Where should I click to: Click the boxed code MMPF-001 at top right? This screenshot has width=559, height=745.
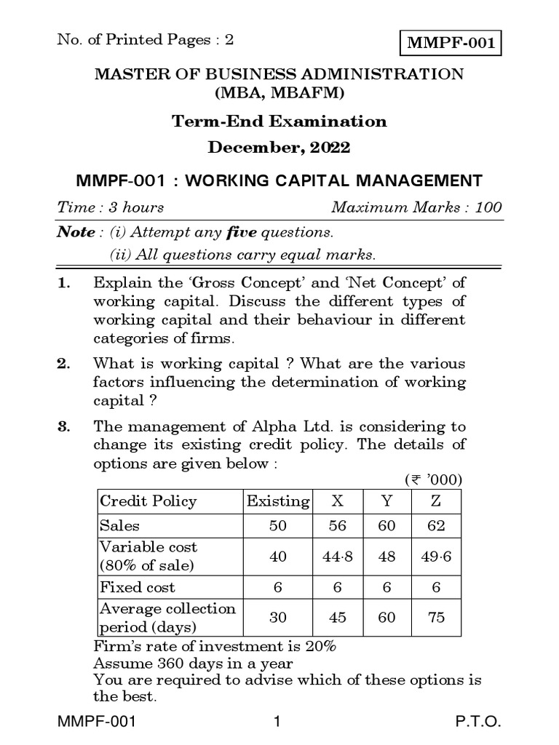(451, 43)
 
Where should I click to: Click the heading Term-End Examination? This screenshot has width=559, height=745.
(279, 121)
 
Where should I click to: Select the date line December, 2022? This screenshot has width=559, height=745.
(279, 148)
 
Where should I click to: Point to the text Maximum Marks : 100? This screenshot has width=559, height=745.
(416, 207)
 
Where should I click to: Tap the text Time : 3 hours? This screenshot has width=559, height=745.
(111, 207)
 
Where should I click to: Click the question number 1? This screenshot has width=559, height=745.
(62, 282)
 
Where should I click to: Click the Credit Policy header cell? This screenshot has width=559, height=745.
(148, 501)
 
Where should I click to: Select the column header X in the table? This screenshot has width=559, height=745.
(338, 501)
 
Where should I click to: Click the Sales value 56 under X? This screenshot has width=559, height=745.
(338, 526)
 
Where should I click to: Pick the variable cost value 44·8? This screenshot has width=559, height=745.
(338, 557)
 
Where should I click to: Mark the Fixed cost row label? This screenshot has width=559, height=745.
(138, 587)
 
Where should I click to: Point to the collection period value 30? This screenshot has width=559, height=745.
(278, 618)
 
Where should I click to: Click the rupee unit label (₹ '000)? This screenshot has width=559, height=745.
(433, 481)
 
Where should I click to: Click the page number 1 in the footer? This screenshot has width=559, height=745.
(277, 723)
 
